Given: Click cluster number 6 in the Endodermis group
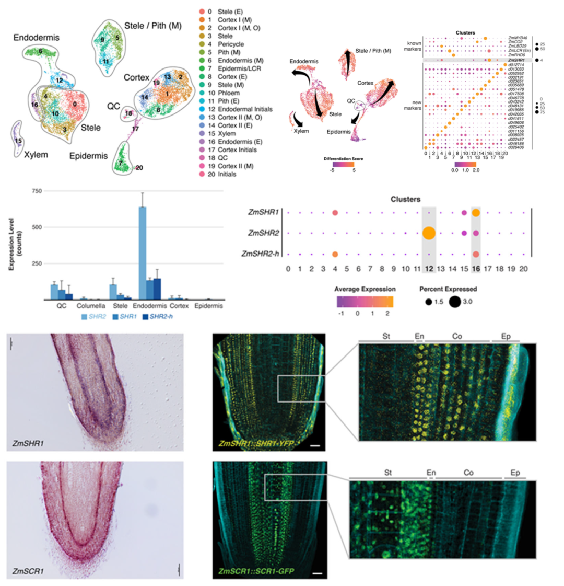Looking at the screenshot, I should (40, 51).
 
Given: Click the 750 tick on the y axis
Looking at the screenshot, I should (37, 191).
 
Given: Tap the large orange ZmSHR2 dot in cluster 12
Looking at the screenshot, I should (429, 233).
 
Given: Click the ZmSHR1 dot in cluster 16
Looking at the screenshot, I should (476, 213).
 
